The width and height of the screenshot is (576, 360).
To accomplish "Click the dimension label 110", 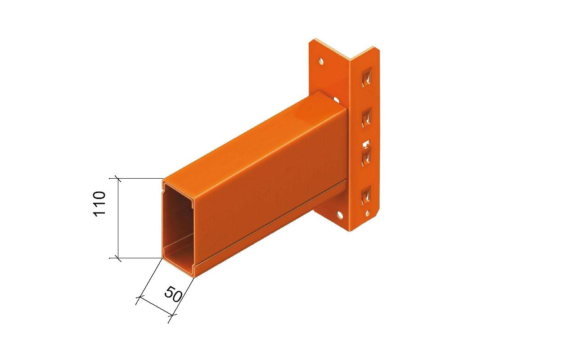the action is pos(99,204).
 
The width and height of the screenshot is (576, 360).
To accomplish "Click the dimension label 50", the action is pos(173,294).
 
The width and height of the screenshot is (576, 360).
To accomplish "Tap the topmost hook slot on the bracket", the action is pos(367,77).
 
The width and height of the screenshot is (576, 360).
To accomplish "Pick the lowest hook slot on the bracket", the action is pos(366,195).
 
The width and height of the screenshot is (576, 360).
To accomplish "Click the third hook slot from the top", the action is pos(367,157).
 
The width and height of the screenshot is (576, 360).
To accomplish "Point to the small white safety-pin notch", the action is pos(366,144).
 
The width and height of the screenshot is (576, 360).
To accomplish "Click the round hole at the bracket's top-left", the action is pos(321,61).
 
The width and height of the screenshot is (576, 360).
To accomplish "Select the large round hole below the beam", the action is pos(340,215).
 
